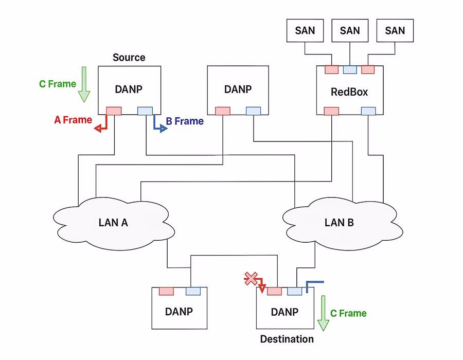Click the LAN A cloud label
(113, 223)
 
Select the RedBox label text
(349, 92)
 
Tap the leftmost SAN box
(305, 30)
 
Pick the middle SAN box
(350, 30)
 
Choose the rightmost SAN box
(395, 30)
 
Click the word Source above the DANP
(129, 57)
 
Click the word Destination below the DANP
(287, 339)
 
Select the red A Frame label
(73, 120)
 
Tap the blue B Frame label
(185, 122)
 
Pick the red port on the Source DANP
(114, 111)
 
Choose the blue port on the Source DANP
(145, 111)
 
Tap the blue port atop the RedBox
(350, 70)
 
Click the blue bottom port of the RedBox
(368, 111)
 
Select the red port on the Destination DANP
(274, 292)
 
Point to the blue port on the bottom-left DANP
(192, 292)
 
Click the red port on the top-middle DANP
(222, 111)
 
